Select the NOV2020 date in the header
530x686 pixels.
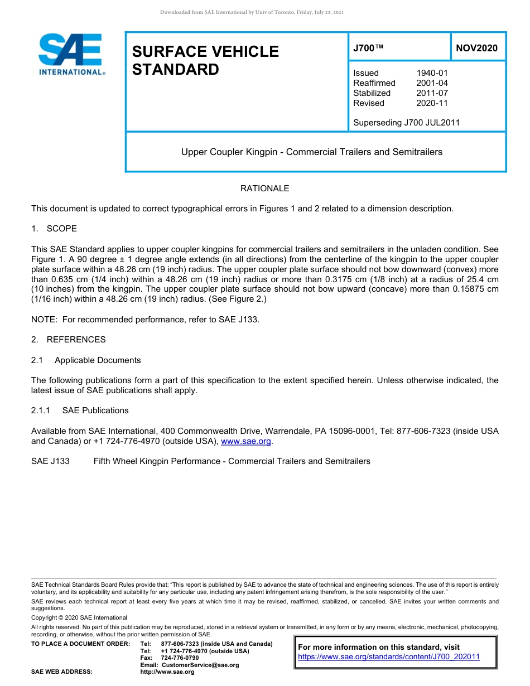(476, 49)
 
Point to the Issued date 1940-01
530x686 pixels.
(432, 73)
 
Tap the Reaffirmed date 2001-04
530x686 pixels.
(432, 83)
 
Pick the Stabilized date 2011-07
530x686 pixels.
(432, 93)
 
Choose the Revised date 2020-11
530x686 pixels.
(432, 103)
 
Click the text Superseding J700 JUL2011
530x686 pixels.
(406, 123)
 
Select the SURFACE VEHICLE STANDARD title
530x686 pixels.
(205, 60)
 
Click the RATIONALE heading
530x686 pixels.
(264, 189)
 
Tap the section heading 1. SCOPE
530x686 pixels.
(54, 229)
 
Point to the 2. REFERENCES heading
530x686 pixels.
(68, 340)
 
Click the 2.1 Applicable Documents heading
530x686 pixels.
(86, 360)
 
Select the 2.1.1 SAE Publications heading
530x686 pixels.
(80, 410)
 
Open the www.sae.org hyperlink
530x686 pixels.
(246, 441)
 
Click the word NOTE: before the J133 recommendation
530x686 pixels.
(43, 320)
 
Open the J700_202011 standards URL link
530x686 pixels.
(389, 657)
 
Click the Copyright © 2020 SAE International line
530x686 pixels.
(79, 617)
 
